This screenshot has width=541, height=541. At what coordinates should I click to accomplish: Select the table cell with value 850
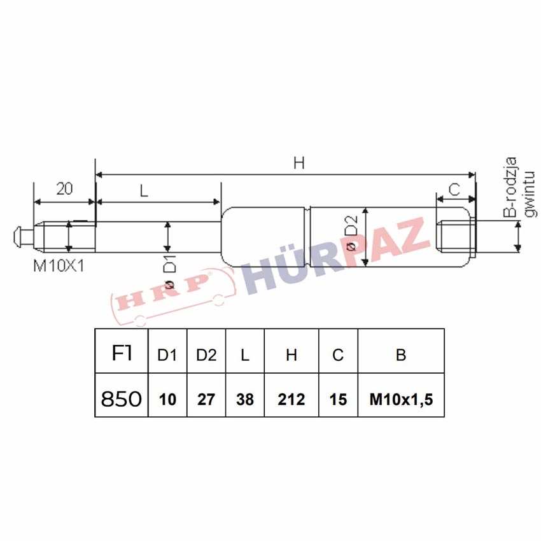pos(122,395)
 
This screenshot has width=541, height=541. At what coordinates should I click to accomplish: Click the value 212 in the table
pos(292,400)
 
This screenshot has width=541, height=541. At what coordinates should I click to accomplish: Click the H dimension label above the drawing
pos(299,163)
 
